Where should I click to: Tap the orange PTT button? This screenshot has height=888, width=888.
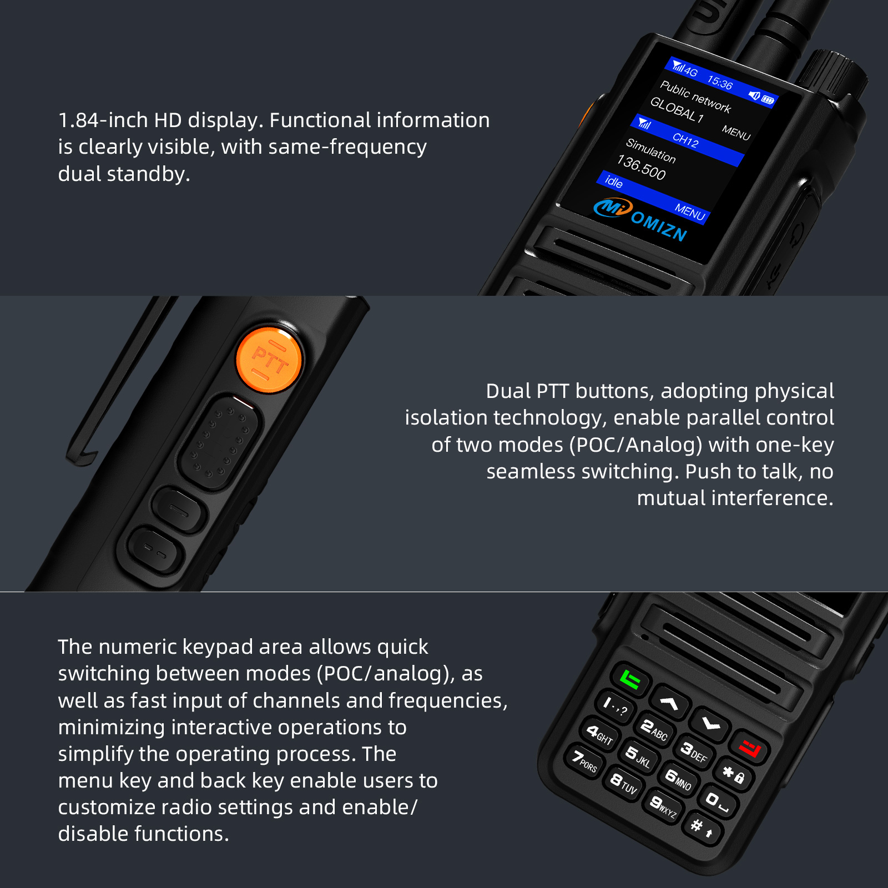click(x=269, y=360)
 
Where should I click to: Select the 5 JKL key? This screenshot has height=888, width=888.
click(x=638, y=756)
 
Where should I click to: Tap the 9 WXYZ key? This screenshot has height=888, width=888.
click(x=663, y=806)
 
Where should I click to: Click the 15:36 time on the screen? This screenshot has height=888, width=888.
click(x=720, y=83)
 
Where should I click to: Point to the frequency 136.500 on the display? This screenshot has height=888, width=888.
click(x=641, y=168)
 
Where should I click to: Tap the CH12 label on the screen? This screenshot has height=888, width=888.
click(x=685, y=140)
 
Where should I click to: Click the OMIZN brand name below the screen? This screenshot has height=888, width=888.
click(x=659, y=226)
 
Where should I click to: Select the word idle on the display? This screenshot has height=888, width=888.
click(x=613, y=181)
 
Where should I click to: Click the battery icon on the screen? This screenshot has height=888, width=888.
click(x=768, y=100)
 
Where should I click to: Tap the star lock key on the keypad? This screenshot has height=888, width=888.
click(x=734, y=774)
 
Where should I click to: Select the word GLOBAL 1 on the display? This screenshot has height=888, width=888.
click(x=677, y=110)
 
